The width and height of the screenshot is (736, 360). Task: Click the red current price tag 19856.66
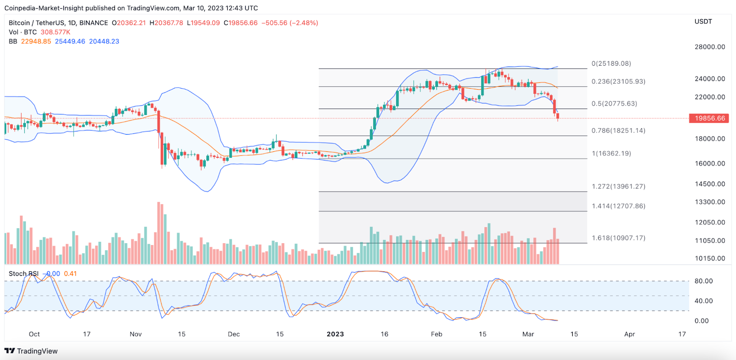709,118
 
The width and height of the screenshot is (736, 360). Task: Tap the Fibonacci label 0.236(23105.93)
618,81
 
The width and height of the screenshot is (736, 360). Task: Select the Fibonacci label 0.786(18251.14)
618,131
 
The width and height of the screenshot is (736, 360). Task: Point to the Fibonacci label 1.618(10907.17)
618,238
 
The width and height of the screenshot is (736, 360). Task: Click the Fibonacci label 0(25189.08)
611,63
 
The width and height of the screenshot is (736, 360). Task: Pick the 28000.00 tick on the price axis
710,47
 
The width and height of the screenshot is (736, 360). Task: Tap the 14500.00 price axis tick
710,184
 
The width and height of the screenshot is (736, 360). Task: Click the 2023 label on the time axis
335,334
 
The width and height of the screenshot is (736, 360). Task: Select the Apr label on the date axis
630,334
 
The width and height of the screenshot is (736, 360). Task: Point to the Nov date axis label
136,334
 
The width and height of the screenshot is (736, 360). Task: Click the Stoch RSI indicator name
23,274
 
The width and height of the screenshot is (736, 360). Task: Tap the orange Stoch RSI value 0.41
70,274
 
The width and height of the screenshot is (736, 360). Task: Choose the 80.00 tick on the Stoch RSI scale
703,281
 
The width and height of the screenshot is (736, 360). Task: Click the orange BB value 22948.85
36,41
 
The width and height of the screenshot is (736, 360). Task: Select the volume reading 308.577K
55,32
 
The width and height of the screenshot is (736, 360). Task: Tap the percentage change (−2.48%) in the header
304,23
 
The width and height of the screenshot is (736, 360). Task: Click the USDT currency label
703,22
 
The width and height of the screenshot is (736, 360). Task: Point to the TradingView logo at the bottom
31,351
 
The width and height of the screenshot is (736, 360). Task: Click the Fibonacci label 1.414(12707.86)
618,206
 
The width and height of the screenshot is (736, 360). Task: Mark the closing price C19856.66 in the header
241,23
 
